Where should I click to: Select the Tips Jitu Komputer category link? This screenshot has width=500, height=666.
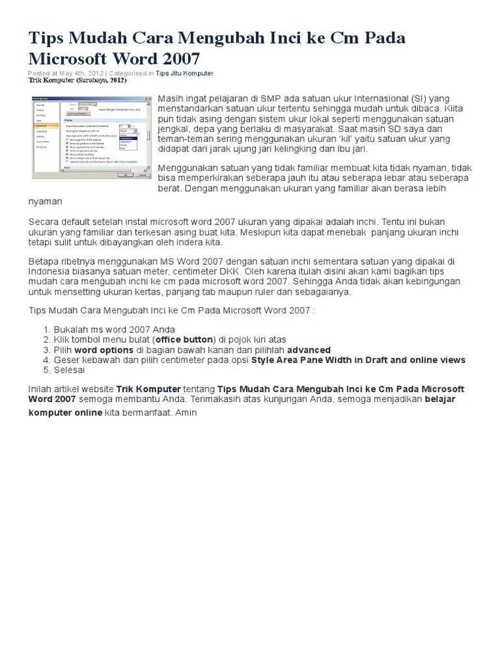[184, 73]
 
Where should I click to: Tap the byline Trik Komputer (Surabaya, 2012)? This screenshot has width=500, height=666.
[77, 81]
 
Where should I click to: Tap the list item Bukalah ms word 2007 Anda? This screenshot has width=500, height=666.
[114, 330]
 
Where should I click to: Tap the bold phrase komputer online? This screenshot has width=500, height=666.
[65, 413]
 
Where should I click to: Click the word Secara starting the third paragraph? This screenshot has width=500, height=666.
[44, 221]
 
